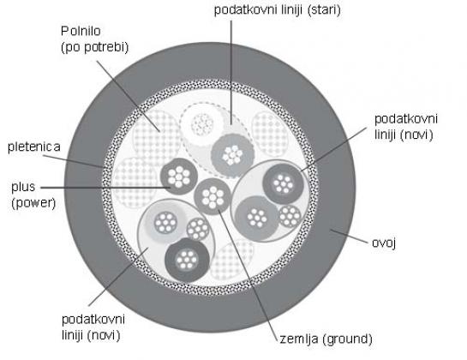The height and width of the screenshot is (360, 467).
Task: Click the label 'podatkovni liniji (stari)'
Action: coord(278,10)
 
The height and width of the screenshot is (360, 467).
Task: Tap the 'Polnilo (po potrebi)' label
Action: coord(95,39)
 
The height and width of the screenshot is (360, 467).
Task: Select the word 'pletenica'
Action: coord(34,147)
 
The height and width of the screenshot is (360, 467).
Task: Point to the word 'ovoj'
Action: coord(384,243)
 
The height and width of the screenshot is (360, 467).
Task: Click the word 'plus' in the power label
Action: coord(23,188)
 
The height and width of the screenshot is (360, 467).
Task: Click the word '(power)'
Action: coord(33,203)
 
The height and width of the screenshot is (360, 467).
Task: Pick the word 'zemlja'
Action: coord(299,339)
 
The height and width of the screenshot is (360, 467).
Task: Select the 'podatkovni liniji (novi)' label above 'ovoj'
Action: coord(405,127)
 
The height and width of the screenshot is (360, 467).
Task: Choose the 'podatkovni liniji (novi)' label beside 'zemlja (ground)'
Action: coord(93,327)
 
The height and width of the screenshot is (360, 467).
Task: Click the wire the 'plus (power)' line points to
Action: coord(179,177)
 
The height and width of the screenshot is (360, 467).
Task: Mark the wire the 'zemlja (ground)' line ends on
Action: coord(213,196)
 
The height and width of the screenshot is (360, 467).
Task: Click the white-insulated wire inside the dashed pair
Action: coord(202,124)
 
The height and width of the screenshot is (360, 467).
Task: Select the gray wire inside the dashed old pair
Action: coord(232,156)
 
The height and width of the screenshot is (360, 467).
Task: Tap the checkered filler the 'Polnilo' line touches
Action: coord(157,135)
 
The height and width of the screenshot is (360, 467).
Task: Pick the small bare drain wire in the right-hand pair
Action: coord(290,216)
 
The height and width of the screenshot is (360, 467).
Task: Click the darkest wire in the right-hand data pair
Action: coord(283,184)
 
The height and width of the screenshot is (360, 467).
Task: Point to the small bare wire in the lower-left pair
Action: coord(198,229)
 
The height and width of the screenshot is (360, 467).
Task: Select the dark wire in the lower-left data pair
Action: coord(187,260)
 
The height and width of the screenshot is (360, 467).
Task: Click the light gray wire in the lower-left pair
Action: coord(166,222)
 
